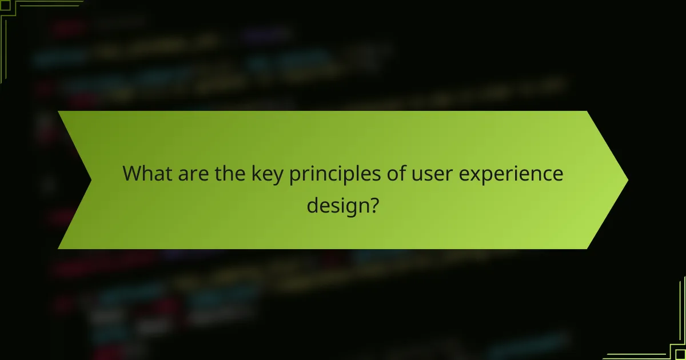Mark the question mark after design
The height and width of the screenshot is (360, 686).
(373, 204)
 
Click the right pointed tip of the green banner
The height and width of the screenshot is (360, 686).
(627, 180)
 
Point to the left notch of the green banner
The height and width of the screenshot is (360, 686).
(91, 180)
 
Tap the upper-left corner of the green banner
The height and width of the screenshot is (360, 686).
(59, 112)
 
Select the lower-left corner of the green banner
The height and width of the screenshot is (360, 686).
(59, 248)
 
